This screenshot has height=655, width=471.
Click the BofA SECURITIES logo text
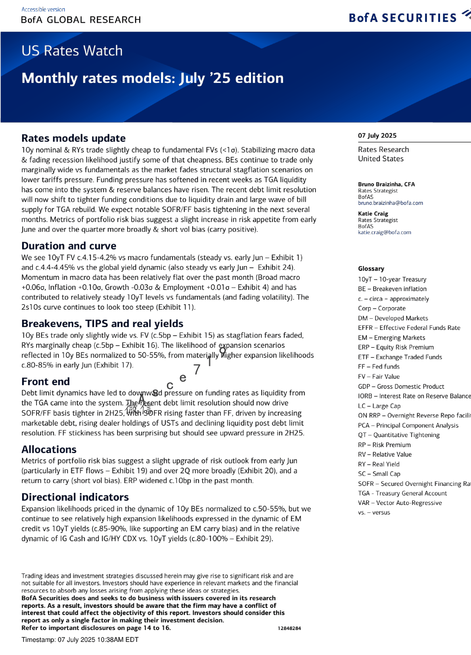[x=402, y=18]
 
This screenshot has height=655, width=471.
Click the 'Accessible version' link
[x=43, y=9]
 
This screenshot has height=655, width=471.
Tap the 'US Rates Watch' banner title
[x=72, y=51]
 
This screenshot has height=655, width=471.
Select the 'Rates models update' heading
[x=73, y=138]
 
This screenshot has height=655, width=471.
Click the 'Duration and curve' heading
[x=69, y=246]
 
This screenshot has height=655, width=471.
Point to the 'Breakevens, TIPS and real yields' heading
[x=102, y=324]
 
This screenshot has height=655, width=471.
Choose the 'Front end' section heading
[x=46, y=381]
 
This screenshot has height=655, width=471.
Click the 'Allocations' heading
[x=49, y=449]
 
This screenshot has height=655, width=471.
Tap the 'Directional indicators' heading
[x=75, y=497]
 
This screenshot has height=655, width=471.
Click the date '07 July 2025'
[x=377, y=135]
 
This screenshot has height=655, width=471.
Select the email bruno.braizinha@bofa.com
[x=390, y=203]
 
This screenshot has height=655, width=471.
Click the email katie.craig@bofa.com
[x=384, y=232]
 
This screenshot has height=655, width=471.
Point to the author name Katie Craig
[x=373, y=214]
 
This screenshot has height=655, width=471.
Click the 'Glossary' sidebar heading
[x=371, y=268]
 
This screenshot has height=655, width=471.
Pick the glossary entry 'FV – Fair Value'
[x=379, y=376]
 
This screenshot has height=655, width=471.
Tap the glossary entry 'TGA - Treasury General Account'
[x=402, y=493]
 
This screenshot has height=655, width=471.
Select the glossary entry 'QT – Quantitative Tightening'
[x=398, y=435]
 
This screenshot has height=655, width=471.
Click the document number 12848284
[x=289, y=628]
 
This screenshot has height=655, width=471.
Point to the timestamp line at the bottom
[x=80, y=640]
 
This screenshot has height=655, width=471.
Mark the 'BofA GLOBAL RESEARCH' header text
[x=81, y=20]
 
